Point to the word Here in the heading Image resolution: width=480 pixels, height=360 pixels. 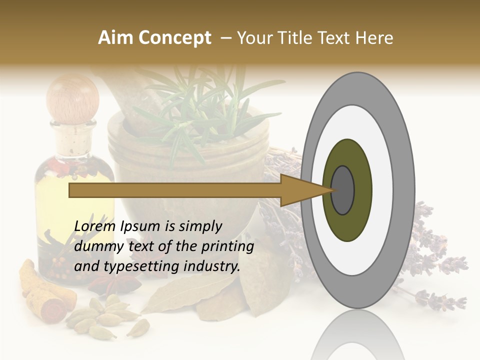374,38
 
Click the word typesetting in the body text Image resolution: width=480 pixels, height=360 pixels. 134,266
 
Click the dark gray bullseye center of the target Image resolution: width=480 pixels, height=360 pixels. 343,190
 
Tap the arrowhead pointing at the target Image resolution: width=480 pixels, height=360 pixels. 305,190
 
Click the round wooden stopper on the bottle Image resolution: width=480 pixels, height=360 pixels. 73,98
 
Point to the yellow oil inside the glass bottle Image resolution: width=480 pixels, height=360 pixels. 55,200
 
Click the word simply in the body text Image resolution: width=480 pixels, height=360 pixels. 200,226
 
